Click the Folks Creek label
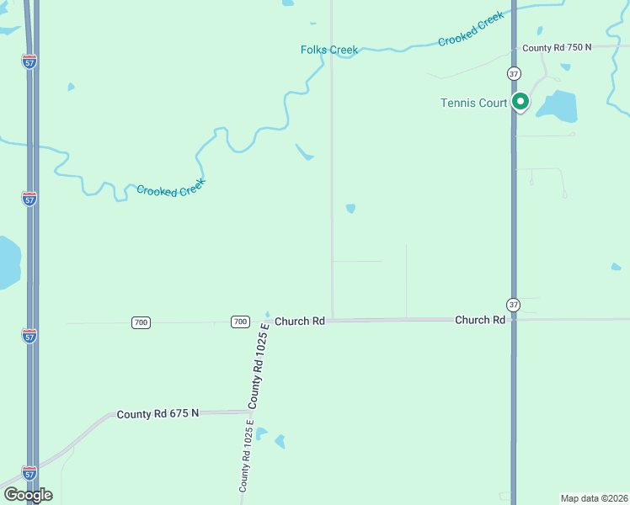pyautogui.click(x=329, y=50)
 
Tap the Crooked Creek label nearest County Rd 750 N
pyautogui.click(x=472, y=29)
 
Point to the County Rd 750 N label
pyautogui.click(x=557, y=48)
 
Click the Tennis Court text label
pyautogui.click(x=473, y=104)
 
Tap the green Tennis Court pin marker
pyautogui.click(x=521, y=103)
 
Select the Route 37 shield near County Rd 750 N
pyautogui.click(x=514, y=74)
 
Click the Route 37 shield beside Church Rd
pyautogui.click(x=514, y=304)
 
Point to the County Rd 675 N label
pyautogui.click(x=157, y=413)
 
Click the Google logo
pyautogui.click(x=28, y=495)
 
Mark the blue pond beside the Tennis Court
pyautogui.click(x=556, y=105)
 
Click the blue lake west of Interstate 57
pyautogui.click(x=7, y=261)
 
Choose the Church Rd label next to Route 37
pyautogui.click(x=479, y=320)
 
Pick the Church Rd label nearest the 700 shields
pyautogui.click(x=299, y=321)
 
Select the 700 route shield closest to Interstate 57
pyautogui.click(x=141, y=322)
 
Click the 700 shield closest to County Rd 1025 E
pyautogui.click(x=241, y=322)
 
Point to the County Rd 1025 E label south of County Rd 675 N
pyautogui.click(x=245, y=455)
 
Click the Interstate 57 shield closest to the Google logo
pyautogui.click(x=29, y=472)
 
